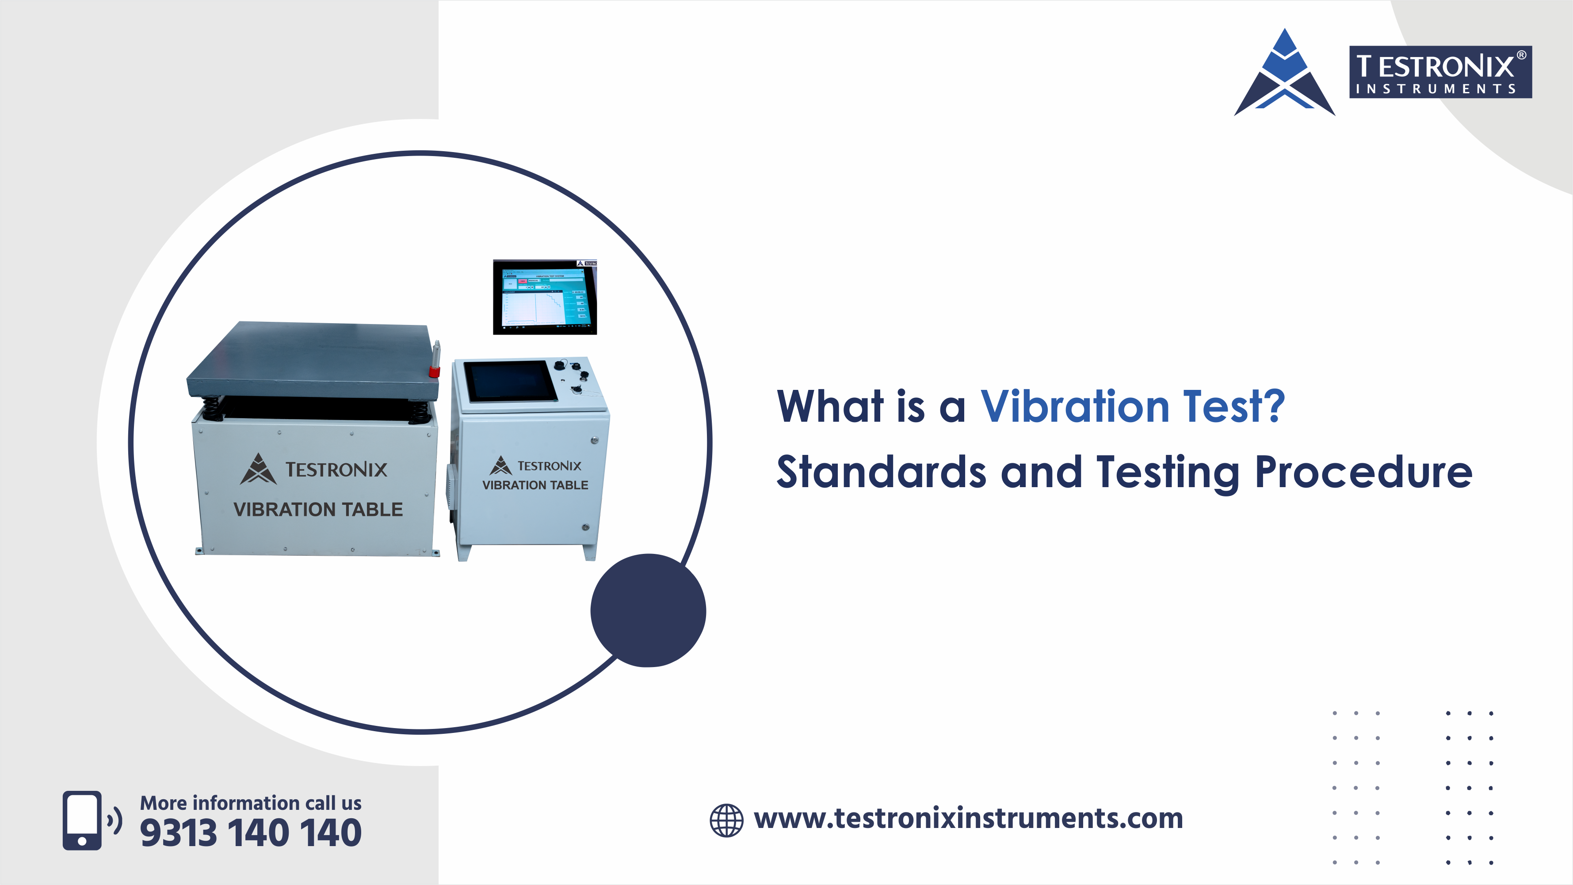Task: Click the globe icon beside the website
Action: pos(726,820)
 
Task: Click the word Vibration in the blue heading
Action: pos(1075,406)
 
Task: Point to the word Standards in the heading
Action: pos(881,472)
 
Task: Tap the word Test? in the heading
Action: pos(1233,406)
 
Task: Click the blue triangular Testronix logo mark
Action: pos(1284,73)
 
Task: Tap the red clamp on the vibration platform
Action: pos(434,371)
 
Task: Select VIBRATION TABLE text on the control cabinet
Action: pos(535,485)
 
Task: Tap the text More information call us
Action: pos(250,802)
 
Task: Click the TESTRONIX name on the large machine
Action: pos(336,469)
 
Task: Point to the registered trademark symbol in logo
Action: pos(1521,55)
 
